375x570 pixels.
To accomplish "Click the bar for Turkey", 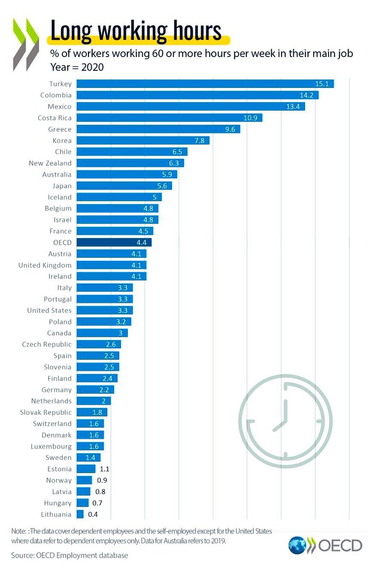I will pos(205,84).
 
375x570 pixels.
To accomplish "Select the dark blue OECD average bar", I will pos(114,243).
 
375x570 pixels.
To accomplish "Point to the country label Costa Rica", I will pos(55,118).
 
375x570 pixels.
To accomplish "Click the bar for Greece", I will pos(158,129).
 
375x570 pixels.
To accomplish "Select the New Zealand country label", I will pos(50,163).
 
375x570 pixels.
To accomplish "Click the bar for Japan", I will pos(124,186).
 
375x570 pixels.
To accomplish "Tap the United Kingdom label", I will pos(45,266).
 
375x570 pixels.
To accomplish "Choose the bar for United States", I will pos(104,311).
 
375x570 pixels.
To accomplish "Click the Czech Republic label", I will pos(47,344).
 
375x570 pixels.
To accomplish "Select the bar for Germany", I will pos(95,390).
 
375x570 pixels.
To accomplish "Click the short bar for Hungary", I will pos(82,503).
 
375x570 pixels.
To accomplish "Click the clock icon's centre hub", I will pos(285,421).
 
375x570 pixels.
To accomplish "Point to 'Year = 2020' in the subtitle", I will pos(77,67).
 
